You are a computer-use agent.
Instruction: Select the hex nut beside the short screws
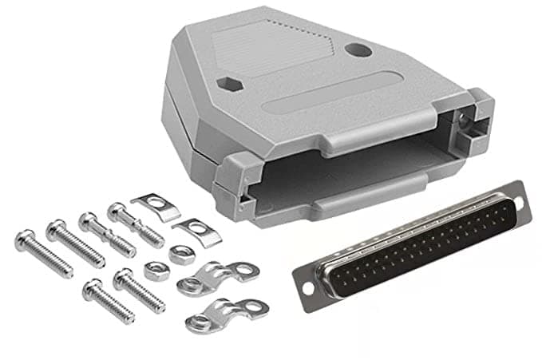156,271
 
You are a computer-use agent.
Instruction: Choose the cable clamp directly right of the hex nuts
220,277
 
